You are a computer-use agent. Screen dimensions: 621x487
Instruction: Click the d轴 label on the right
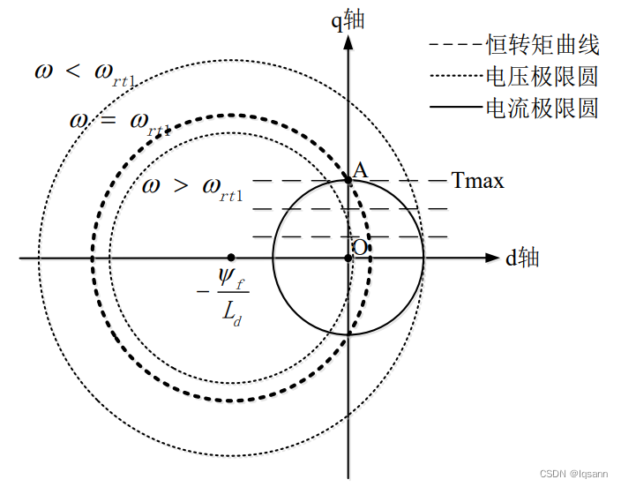(522, 258)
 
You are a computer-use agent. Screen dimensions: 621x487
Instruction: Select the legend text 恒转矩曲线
(542, 44)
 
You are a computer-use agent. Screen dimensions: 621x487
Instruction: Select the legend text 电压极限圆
(542, 76)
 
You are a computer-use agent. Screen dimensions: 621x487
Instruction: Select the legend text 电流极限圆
(542, 109)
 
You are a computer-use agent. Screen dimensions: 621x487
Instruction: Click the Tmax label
(477, 181)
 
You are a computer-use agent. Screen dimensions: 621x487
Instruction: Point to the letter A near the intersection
(360, 169)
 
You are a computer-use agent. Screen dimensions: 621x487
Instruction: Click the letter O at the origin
(360, 248)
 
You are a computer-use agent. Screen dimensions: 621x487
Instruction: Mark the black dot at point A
(348, 180)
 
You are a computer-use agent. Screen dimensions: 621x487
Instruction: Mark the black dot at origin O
(348, 258)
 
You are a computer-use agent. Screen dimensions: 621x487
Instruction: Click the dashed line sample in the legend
(454, 44)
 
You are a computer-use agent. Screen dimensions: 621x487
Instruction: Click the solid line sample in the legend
(454, 109)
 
